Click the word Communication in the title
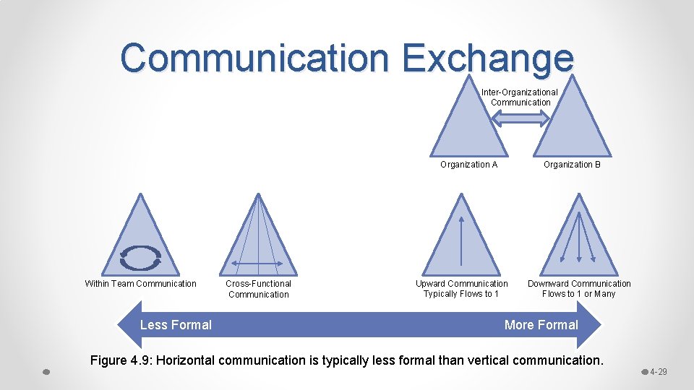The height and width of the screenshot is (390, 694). pyautogui.click(x=254, y=57)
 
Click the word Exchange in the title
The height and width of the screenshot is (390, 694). pyautogui.click(x=489, y=57)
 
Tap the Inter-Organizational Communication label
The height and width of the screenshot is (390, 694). pyautogui.click(x=520, y=97)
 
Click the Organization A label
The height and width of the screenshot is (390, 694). pyautogui.click(x=468, y=165)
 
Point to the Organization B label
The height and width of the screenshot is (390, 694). pyautogui.click(x=572, y=165)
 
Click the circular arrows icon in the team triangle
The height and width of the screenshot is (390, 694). pyautogui.click(x=140, y=258)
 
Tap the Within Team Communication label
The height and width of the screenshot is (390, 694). pyautogui.click(x=140, y=284)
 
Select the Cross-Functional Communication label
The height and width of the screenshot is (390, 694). pyautogui.click(x=258, y=289)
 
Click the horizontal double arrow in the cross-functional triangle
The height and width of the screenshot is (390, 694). pyautogui.click(x=258, y=264)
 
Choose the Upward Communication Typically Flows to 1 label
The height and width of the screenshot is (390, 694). pyautogui.click(x=461, y=289)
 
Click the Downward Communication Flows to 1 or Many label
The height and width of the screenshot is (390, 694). pyautogui.click(x=579, y=289)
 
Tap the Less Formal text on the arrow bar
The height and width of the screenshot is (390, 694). pyautogui.click(x=176, y=325)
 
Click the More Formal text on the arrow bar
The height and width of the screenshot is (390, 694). pyautogui.click(x=541, y=325)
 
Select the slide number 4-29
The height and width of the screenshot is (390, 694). pyautogui.click(x=658, y=372)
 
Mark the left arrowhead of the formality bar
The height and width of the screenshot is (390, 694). pyautogui.click(x=127, y=325)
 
